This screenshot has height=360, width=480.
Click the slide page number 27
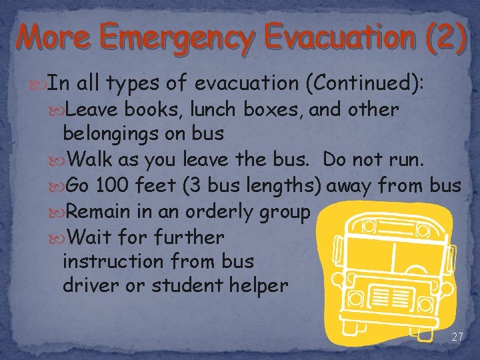[457, 337]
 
